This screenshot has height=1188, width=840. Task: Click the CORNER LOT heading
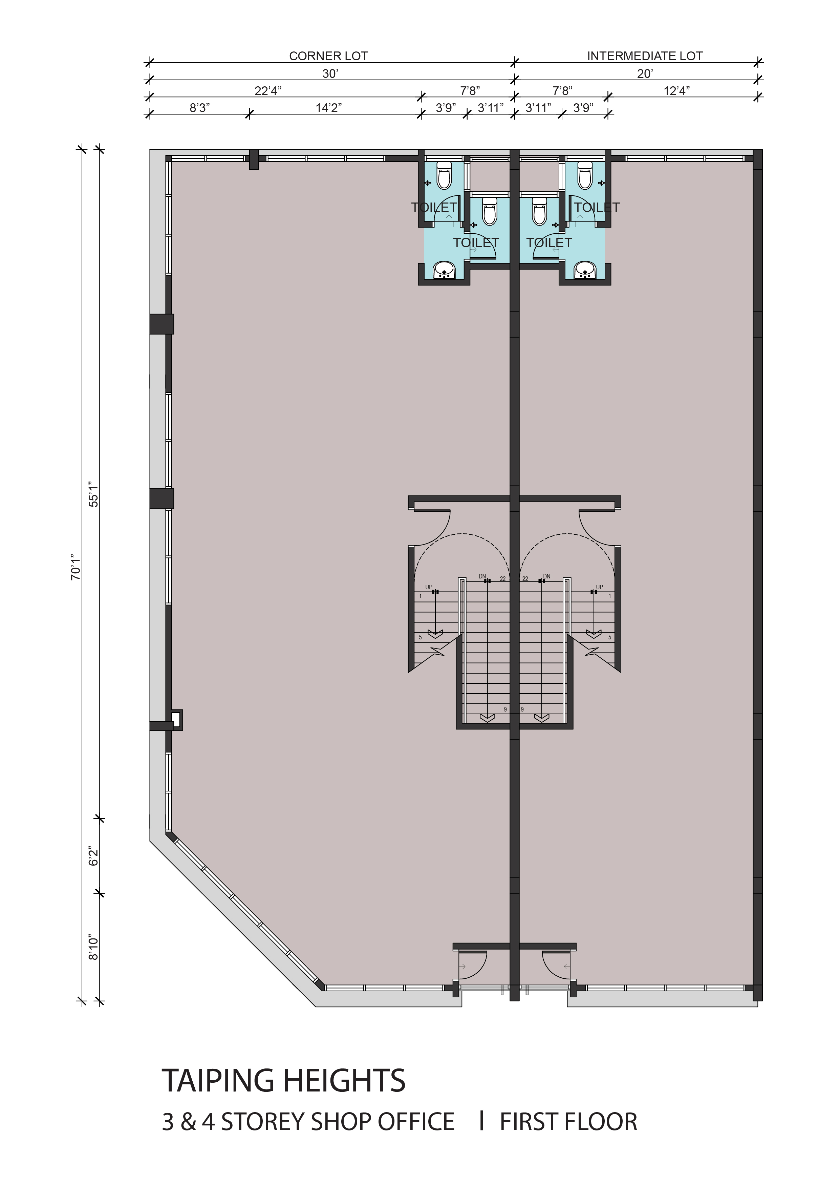click(x=328, y=56)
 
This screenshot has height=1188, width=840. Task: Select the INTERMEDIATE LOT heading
click(x=645, y=56)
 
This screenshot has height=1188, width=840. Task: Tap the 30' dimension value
click(x=330, y=73)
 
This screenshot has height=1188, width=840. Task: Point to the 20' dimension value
click(x=645, y=73)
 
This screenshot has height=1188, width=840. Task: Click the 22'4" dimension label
click(x=268, y=91)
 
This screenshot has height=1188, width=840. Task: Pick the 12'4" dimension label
click(x=676, y=91)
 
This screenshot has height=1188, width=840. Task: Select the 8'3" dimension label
click(x=200, y=108)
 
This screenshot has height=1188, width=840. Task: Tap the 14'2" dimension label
click(x=329, y=108)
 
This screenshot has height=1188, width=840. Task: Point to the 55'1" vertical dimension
click(x=93, y=494)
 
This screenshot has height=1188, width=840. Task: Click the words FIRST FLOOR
click(x=568, y=1121)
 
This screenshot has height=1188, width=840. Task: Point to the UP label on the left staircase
click(x=429, y=587)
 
